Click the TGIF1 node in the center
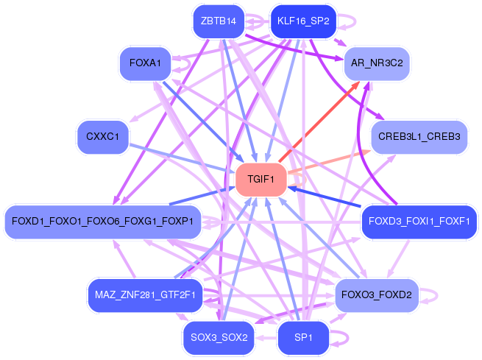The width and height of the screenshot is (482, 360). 261,180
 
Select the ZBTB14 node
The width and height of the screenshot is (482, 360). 218,21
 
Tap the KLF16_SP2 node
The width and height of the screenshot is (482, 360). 303,21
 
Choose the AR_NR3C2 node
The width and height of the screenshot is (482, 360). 377,63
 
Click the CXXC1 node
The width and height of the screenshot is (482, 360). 103,137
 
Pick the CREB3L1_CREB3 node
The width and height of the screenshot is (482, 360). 419,137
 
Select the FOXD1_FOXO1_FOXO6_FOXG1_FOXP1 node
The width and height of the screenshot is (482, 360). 103,222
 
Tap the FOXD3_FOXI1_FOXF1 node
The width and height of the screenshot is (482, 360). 419,222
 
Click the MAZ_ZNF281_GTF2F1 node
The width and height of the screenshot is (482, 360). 144,295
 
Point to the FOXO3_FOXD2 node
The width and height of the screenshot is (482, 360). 377,295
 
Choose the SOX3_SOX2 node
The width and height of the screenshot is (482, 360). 219,338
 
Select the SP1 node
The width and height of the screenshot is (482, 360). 303,338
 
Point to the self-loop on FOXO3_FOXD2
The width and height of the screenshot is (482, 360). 433,295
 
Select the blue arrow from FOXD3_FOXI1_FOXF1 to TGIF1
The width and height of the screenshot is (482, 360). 331,200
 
